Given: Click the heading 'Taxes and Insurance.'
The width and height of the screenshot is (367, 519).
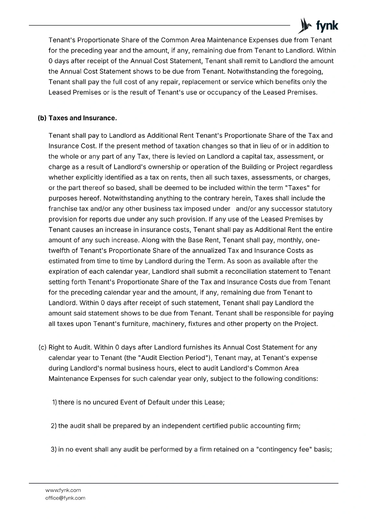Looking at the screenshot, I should pyautogui.click(x=82, y=118).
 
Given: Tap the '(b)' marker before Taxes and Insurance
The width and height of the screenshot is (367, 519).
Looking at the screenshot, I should pyautogui.click(x=42, y=118).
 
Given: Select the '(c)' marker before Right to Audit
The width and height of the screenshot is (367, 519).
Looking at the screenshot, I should pyautogui.click(x=42, y=347).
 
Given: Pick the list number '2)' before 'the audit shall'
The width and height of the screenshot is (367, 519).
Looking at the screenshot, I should pyautogui.click(x=54, y=426).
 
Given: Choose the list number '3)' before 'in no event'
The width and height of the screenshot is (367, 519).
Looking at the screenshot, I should pyautogui.click(x=54, y=450).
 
